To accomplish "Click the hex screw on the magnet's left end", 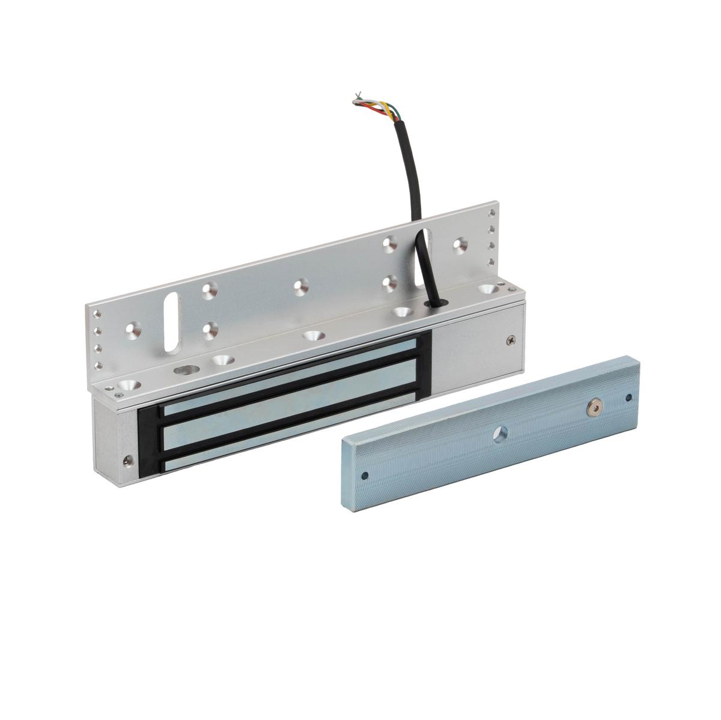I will click(127, 461).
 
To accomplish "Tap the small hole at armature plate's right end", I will click(628, 396).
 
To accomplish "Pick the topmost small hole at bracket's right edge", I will click(493, 213).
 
